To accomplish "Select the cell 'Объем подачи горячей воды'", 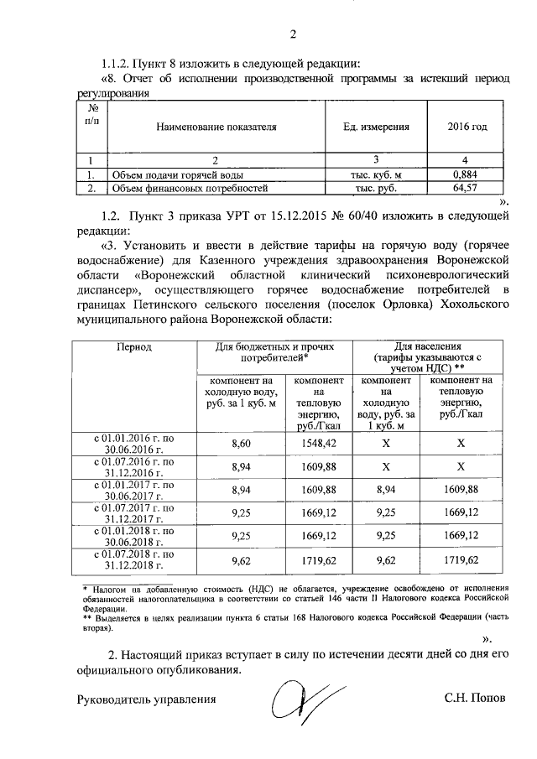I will tap(178, 174).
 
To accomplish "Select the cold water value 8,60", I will tap(240, 442).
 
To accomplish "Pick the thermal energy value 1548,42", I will tap(317, 442).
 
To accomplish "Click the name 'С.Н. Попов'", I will tap(476, 698).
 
